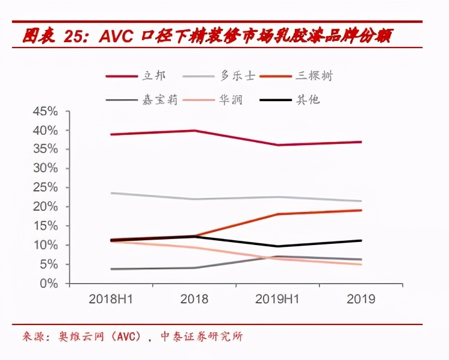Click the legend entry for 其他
tap(308, 99)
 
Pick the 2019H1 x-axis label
tap(277, 299)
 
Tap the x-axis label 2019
tap(361, 299)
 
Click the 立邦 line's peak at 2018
tap(194, 131)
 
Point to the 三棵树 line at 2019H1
tap(277, 214)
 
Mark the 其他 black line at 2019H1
tap(277, 246)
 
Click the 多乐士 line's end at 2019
tap(361, 201)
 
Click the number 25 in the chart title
tap(76, 37)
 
